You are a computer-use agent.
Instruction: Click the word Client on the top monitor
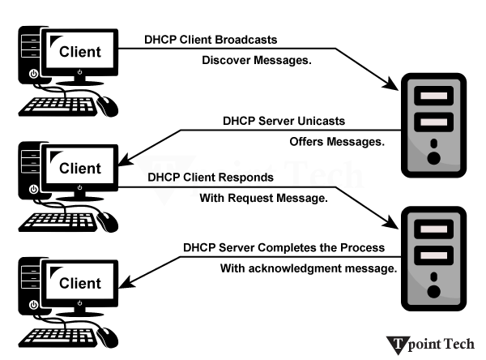[x=81, y=52]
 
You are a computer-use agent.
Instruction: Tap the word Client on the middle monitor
[x=81, y=169]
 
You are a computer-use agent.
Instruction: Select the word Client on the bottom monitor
[x=81, y=284]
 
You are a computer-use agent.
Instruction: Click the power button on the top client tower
[x=33, y=74]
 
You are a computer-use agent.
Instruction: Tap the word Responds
[x=243, y=176]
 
